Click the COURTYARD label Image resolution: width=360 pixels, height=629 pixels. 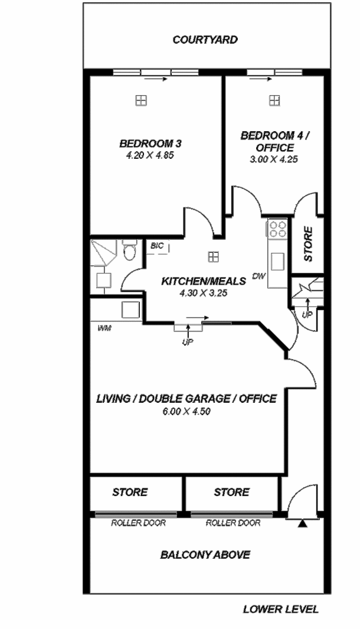(x=205, y=40)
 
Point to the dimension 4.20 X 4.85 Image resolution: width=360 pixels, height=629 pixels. (x=150, y=156)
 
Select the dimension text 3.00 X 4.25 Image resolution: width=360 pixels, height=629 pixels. (x=274, y=159)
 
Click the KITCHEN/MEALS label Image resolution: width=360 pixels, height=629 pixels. (x=204, y=281)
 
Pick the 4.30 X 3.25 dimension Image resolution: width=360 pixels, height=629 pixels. (x=204, y=294)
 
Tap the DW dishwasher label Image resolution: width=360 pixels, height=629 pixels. (x=258, y=276)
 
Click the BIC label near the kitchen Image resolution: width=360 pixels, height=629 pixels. (x=157, y=246)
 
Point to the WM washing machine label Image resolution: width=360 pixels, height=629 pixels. (x=104, y=328)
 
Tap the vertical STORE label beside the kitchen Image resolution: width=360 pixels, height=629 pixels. (x=308, y=244)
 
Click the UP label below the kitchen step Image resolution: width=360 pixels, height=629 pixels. (x=188, y=342)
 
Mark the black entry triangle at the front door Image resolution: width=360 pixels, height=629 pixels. (x=302, y=523)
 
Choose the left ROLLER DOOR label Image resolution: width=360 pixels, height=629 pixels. (x=138, y=523)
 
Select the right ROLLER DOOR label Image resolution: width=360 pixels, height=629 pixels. (x=233, y=523)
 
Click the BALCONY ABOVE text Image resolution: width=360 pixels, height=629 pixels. (x=205, y=555)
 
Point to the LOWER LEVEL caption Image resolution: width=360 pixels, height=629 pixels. (x=281, y=610)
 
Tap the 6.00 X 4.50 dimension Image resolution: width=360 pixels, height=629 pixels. (x=187, y=411)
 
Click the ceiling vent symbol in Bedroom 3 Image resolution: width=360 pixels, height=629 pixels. (x=140, y=100)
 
